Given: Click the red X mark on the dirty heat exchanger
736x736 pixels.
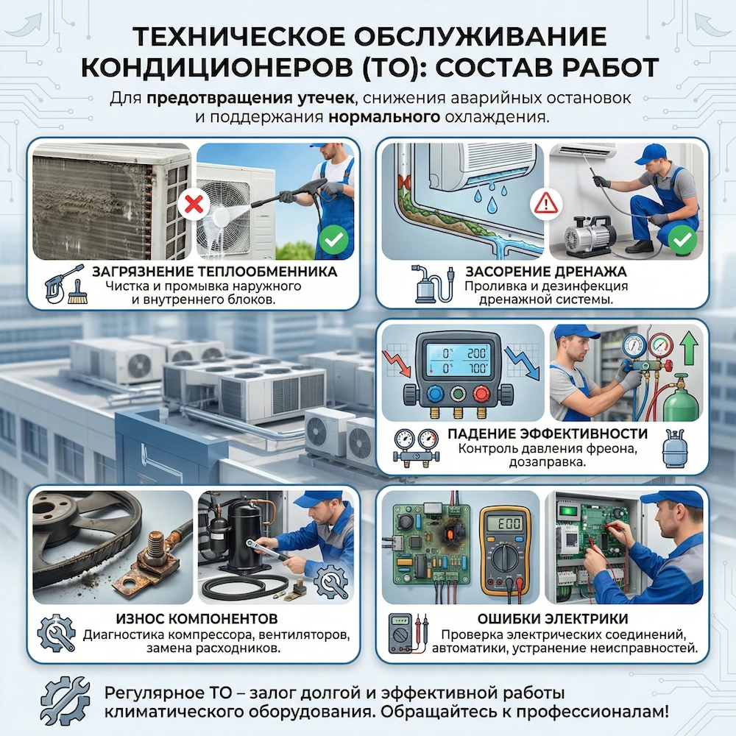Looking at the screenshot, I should click(x=194, y=203).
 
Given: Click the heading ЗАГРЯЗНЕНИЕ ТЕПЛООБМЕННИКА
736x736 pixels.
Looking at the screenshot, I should click(x=215, y=272).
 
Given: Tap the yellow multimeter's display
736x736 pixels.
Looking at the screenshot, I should click(x=506, y=523).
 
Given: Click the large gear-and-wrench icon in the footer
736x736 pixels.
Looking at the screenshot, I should click(x=65, y=700).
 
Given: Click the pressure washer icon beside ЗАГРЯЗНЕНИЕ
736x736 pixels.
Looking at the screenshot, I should click(x=60, y=285).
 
